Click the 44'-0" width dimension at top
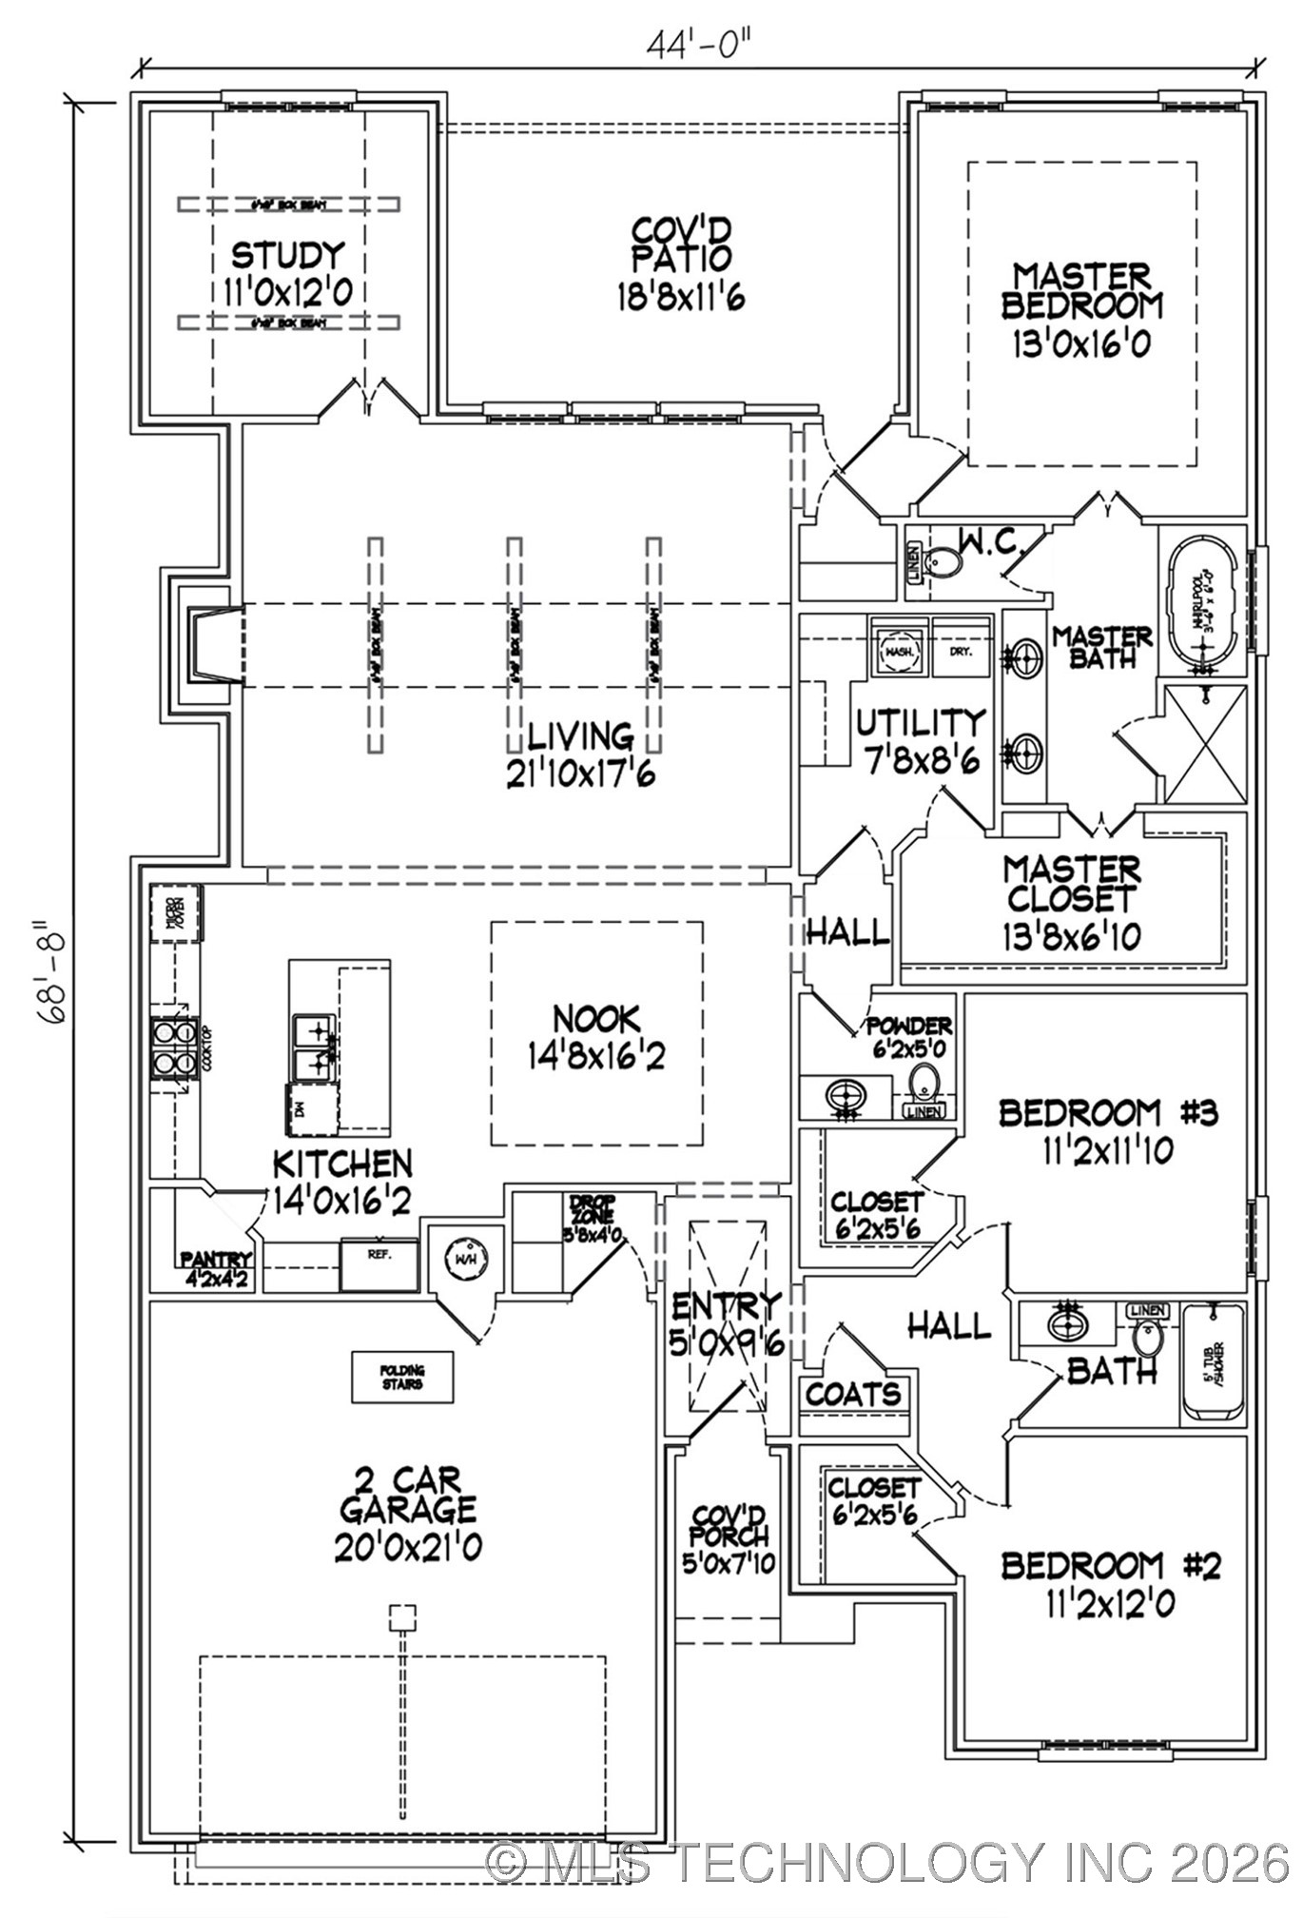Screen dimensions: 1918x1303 (705, 43)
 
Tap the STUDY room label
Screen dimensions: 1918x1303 (287, 256)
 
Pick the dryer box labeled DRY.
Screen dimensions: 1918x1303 (959, 652)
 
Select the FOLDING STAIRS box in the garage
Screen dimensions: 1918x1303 (402, 1377)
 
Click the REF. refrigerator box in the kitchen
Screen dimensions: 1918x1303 (379, 1264)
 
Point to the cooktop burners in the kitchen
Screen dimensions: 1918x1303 (172, 1047)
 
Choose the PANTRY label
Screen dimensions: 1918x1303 (217, 1261)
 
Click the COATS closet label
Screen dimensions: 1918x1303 (853, 1395)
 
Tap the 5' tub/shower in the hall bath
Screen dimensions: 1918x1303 (1212, 1364)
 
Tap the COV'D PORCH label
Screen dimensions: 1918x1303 (729, 1537)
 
